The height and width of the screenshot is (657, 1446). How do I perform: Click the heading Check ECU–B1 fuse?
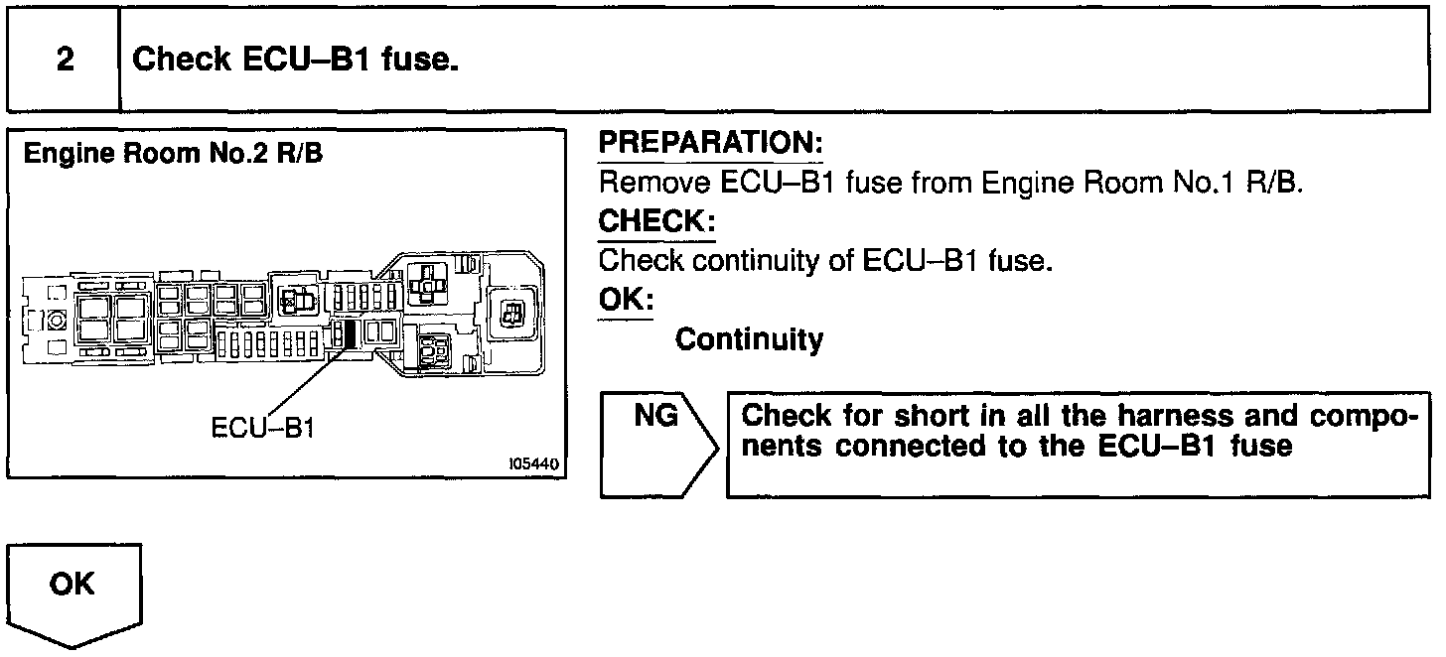pos(295,60)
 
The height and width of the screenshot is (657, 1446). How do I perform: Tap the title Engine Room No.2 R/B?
pos(173,155)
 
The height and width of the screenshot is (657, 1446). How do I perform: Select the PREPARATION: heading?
pos(710,144)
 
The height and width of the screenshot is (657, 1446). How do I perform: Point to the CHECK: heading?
pos(656,220)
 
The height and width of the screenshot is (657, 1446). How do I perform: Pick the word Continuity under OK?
pos(749,340)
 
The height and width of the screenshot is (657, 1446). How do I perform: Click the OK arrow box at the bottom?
pos(74,586)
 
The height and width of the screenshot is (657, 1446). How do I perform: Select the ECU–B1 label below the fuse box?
pos(263,429)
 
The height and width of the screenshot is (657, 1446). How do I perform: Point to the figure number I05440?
pos(532,463)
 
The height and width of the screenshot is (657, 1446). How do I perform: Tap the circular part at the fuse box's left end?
pos(57,322)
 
